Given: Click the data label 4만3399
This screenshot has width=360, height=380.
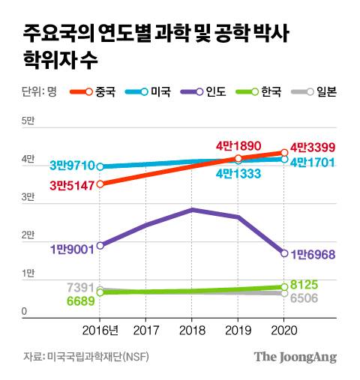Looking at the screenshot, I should click(x=313, y=146).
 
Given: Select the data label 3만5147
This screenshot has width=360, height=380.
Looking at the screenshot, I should click(x=73, y=184).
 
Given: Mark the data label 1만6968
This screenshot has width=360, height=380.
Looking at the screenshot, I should click(x=313, y=255).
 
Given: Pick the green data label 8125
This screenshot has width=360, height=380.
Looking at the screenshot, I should click(x=307, y=285).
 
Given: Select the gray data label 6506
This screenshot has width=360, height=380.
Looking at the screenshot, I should click(x=307, y=298).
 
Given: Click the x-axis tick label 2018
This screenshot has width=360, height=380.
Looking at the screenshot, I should click(x=192, y=330).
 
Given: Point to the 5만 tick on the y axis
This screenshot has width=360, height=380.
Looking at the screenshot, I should click(x=28, y=121).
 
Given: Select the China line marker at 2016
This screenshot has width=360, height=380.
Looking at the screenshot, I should click(x=100, y=184).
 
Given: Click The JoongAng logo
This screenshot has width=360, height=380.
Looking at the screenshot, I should click(x=295, y=358).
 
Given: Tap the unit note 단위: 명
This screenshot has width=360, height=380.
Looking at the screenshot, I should click(x=40, y=93).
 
